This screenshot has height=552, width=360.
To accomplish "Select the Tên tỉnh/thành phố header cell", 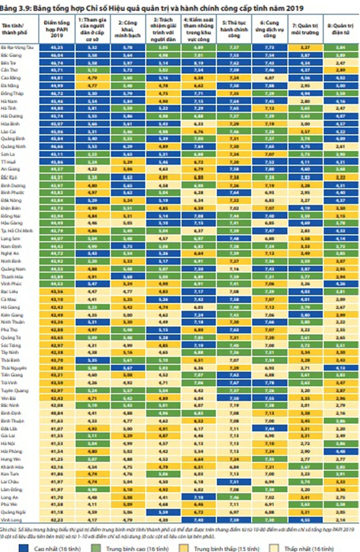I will [x=20, y=27].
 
